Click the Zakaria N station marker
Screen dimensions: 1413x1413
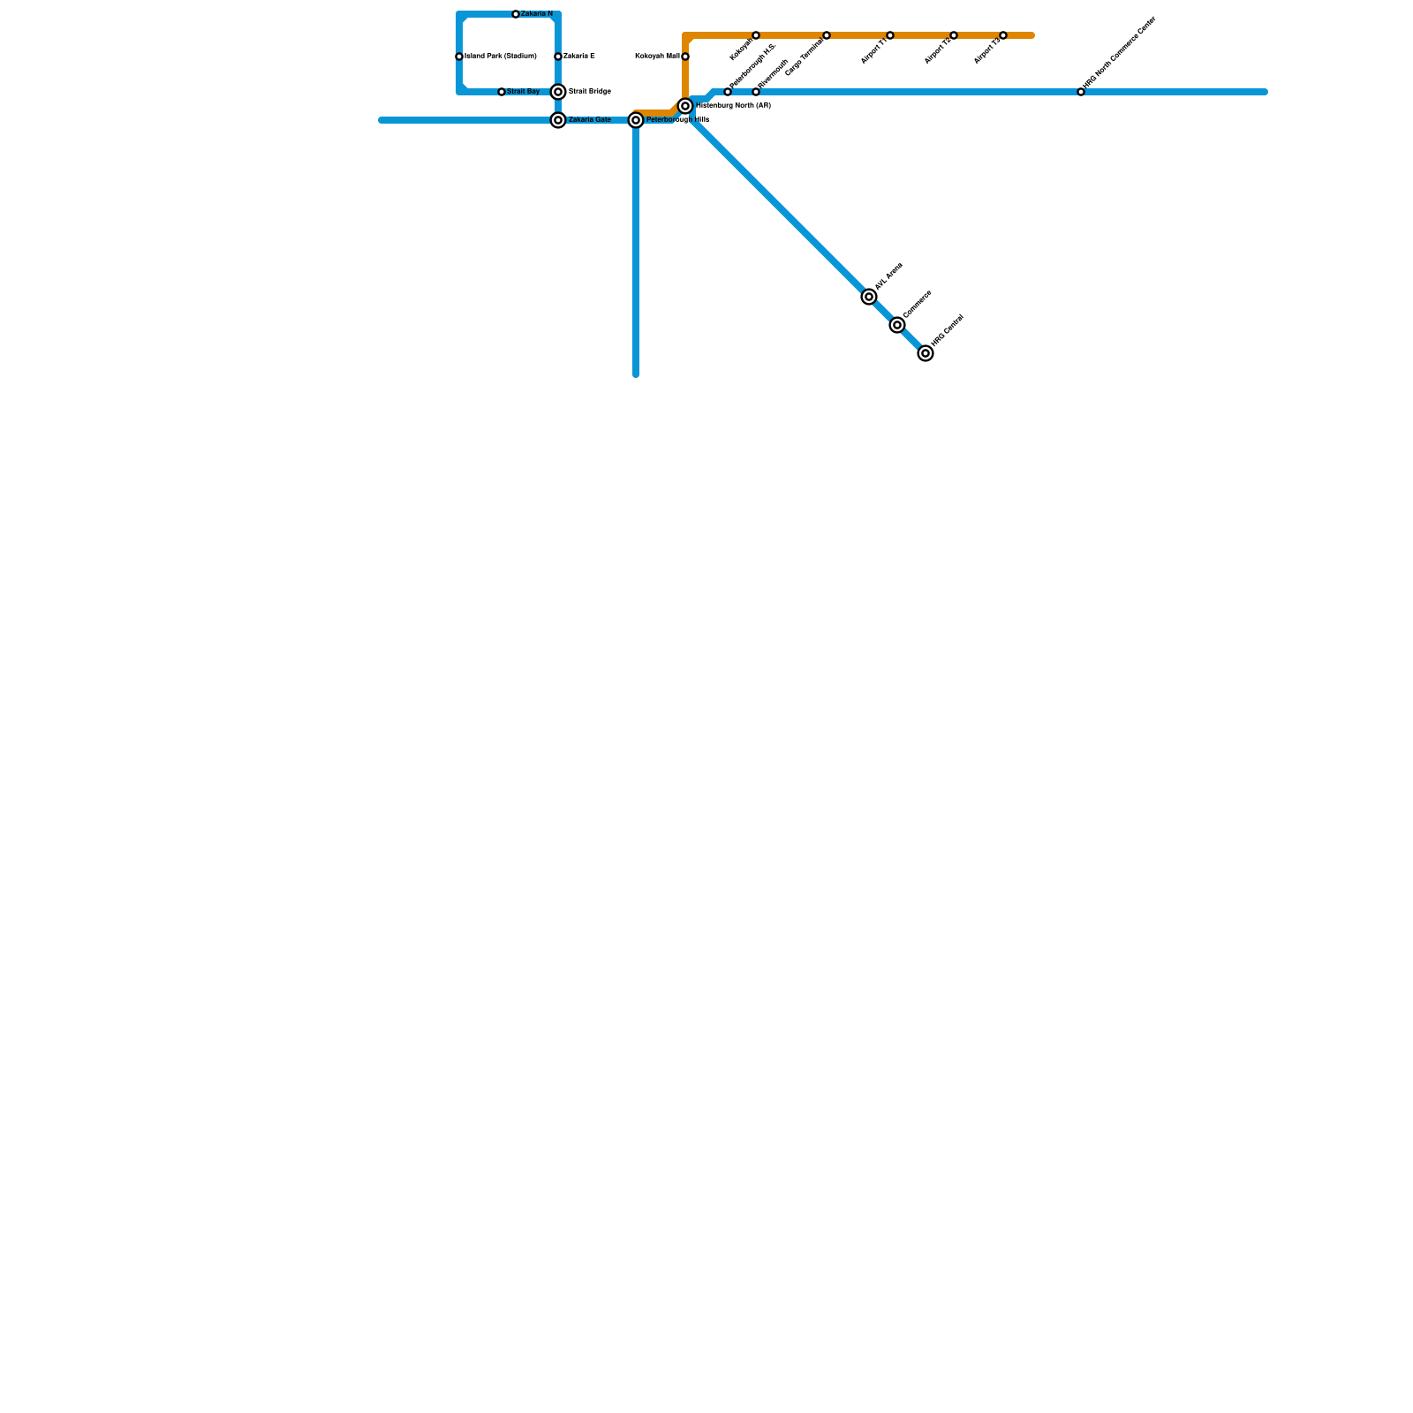(516, 14)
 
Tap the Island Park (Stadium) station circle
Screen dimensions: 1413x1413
(459, 57)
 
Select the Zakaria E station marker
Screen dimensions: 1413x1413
(558, 57)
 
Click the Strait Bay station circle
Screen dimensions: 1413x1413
(502, 92)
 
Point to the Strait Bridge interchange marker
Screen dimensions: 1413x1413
(558, 92)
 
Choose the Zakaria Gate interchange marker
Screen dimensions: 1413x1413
(558, 120)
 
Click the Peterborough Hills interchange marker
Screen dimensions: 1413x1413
(636, 120)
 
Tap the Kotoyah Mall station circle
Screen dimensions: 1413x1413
(685, 57)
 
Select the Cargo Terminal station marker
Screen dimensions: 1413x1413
(827, 35)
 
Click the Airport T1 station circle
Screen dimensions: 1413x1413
(890, 35)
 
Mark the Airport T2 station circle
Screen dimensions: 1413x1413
(954, 35)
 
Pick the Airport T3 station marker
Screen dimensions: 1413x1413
(1003, 35)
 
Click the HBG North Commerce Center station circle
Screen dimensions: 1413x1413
(1081, 92)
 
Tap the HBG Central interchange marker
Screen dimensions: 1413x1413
(926, 353)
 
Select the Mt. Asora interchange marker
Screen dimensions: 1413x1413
(869, 297)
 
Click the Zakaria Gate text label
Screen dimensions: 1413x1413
(589, 120)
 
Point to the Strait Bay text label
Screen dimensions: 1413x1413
(523, 92)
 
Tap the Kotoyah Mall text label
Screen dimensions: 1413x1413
(657, 57)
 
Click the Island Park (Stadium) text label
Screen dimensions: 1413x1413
(501, 57)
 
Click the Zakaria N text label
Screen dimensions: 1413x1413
(537, 14)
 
